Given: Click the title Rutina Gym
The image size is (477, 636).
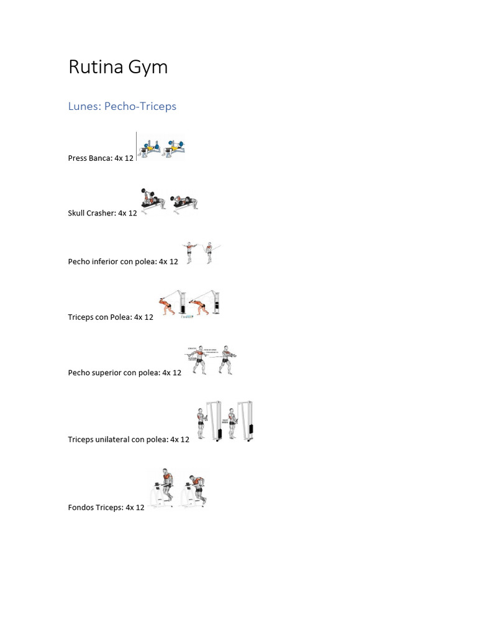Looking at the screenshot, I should (x=118, y=67).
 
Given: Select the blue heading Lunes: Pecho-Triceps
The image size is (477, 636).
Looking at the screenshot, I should (x=122, y=106).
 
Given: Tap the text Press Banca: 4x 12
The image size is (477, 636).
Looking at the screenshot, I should (x=101, y=158).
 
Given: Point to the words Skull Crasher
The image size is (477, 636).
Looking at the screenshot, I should (x=91, y=213).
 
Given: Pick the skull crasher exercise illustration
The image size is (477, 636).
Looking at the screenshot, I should (x=170, y=201).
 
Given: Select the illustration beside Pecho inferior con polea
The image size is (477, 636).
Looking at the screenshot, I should (x=201, y=253).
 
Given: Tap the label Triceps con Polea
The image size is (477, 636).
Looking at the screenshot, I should (x=99, y=317).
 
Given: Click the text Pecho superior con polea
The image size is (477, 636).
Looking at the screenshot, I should (x=114, y=373).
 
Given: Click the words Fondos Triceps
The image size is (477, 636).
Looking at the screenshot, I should (x=95, y=507).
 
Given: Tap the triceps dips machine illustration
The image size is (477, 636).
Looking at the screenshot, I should (x=177, y=489).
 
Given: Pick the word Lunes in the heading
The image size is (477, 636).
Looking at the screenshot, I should (x=83, y=106).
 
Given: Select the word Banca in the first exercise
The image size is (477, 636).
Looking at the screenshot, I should (x=100, y=158).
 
